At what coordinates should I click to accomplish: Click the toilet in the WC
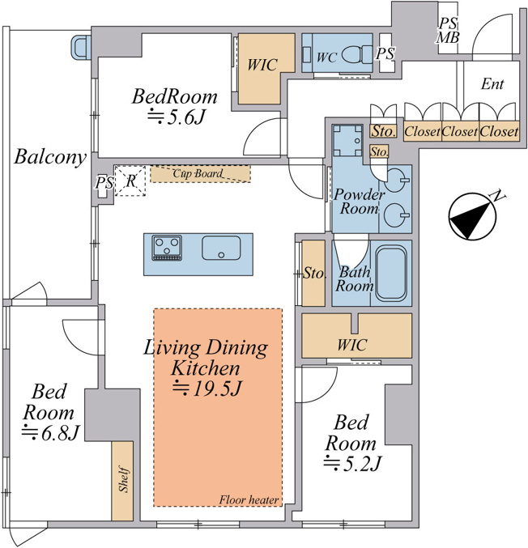[356, 54]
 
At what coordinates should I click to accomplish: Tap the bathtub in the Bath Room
[391, 274]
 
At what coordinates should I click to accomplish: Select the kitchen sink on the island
[221, 248]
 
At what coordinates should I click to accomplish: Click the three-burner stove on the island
[167, 248]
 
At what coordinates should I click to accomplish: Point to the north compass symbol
[473, 217]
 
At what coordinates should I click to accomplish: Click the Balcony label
[50, 157]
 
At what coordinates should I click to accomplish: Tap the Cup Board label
[198, 173]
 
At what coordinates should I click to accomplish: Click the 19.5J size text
[207, 389]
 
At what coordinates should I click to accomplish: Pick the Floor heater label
[249, 500]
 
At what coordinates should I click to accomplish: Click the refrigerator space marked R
[130, 181]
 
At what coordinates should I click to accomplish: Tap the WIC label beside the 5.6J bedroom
[262, 65]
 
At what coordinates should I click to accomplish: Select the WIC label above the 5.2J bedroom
[352, 345]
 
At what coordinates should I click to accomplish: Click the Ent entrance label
[492, 84]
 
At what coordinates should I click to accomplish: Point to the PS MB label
[448, 31]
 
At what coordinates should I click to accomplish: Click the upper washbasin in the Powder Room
[398, 181]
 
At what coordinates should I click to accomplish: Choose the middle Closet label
[459, 132]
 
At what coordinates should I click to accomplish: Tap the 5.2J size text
[351, 464]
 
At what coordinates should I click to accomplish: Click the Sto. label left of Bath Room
[313, 273]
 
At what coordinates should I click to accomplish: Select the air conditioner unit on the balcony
[81, 47]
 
